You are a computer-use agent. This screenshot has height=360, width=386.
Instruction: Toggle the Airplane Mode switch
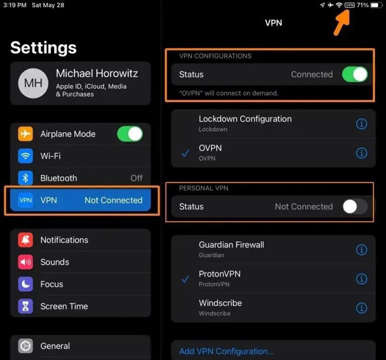click(x=130, y=134)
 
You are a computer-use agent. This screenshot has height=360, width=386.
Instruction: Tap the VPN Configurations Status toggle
click(x=355, y=74)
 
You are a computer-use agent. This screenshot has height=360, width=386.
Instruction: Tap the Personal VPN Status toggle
click(x=355, y=206)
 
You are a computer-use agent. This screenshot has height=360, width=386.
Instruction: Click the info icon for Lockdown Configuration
click(x=361, y=124)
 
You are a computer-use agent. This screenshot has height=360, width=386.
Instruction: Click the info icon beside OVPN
click(x=361, y=153)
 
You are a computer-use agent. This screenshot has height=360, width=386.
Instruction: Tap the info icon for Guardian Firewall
click(x=361, y=250)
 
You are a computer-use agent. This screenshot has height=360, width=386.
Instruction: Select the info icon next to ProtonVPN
click(x=361, y=279)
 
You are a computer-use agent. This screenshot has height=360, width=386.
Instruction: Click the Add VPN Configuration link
click(x=227, y=351)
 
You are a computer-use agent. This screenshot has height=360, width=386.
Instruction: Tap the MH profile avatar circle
click(x=33, y=83)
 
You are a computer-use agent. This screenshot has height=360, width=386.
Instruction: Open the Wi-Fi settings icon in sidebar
click(x=25, y=156)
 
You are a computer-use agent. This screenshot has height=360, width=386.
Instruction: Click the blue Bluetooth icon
click(x=25, y=178)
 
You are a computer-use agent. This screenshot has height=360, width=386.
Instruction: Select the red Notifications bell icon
click(x=25, y=240)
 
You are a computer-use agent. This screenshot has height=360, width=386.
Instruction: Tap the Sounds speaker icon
click(x=25, y=262)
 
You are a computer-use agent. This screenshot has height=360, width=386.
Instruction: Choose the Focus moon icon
click(x=25, y=284)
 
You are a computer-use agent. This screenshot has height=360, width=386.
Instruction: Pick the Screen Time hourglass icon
click(x=25, y=306)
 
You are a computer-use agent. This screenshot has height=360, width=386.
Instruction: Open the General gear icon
click(x=25, y=346)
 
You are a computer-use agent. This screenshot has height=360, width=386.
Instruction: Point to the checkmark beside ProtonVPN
click(x=185, y=279)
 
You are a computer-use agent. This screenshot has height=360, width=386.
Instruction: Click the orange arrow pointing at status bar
click(x=342, y=23)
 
